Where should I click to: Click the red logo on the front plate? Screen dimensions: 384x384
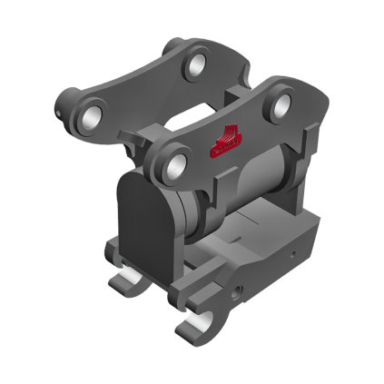pos(226,139)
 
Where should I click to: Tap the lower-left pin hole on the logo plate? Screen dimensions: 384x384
pos(176,164)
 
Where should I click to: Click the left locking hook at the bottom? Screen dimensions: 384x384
pos(123,280)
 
